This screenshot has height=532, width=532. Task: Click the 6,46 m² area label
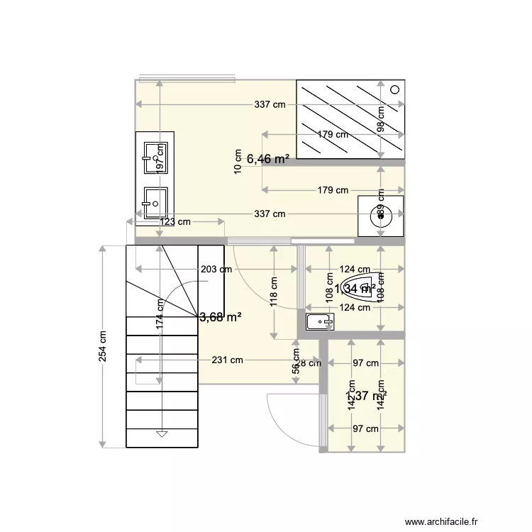(x=267, y=160)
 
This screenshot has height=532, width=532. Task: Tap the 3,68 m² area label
(x=221, y=317)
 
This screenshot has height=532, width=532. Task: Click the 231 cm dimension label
(x=227, y=360)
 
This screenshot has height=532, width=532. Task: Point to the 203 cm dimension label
(x=216, y=270)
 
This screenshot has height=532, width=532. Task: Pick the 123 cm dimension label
(x=174, y=222)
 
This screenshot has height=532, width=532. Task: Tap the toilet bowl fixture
(x=360, y=288)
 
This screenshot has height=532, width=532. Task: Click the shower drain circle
(x=396, y=89)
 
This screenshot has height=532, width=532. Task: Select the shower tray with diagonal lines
(x=350, y=118)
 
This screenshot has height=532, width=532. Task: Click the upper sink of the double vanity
(x=155, y=156)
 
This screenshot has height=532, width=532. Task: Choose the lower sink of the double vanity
(x=155, y=203)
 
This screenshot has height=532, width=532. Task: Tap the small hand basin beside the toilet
(x=320, y=323)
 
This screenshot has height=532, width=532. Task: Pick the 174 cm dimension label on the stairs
(x=161, y=313)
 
